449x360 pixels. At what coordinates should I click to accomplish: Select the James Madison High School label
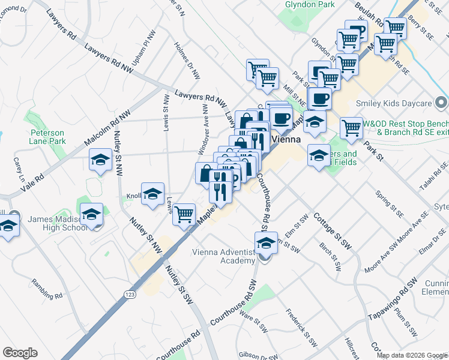click(57, 223)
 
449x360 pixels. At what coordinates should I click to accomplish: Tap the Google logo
click(20, 352)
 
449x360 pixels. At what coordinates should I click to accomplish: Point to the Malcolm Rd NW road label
click(107, 128)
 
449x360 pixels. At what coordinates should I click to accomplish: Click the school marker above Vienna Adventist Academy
click(266, 243)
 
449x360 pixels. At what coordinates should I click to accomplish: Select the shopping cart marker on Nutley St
click(184, 214)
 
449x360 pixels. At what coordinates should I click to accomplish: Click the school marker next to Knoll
click(153, 194)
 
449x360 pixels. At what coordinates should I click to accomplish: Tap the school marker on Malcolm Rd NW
click(100, 160)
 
